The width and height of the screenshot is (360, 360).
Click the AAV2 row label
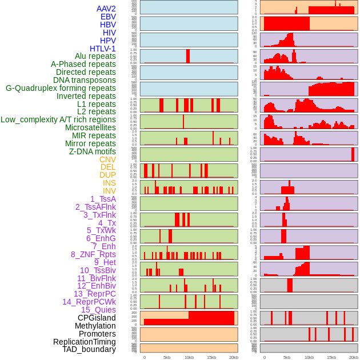pos(106,9)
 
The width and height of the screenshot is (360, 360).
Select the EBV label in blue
pos(108,17)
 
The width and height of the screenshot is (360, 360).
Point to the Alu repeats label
pos(95,56)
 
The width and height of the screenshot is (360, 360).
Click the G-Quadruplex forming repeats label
pos(61,88)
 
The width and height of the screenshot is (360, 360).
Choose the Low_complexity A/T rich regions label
pos(58,119)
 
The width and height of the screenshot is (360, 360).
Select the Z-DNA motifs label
pos(93,151)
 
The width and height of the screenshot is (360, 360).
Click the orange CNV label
pos(107,159)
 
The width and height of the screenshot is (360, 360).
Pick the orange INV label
pos(109,191)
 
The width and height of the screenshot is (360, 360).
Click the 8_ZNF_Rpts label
pos(93,254)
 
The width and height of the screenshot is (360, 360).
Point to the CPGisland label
pos(97,318)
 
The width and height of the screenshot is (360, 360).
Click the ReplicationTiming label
pos(85,342)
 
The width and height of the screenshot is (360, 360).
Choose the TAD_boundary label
pos(89,349)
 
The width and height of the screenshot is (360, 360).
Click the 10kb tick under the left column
pos(189,358)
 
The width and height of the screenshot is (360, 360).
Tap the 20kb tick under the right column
pos(354,358)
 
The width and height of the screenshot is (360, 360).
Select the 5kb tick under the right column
pos(287,358)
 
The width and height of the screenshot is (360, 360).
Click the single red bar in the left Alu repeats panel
pos(188,56)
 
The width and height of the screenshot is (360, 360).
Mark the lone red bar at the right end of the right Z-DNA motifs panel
pos(353,154)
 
